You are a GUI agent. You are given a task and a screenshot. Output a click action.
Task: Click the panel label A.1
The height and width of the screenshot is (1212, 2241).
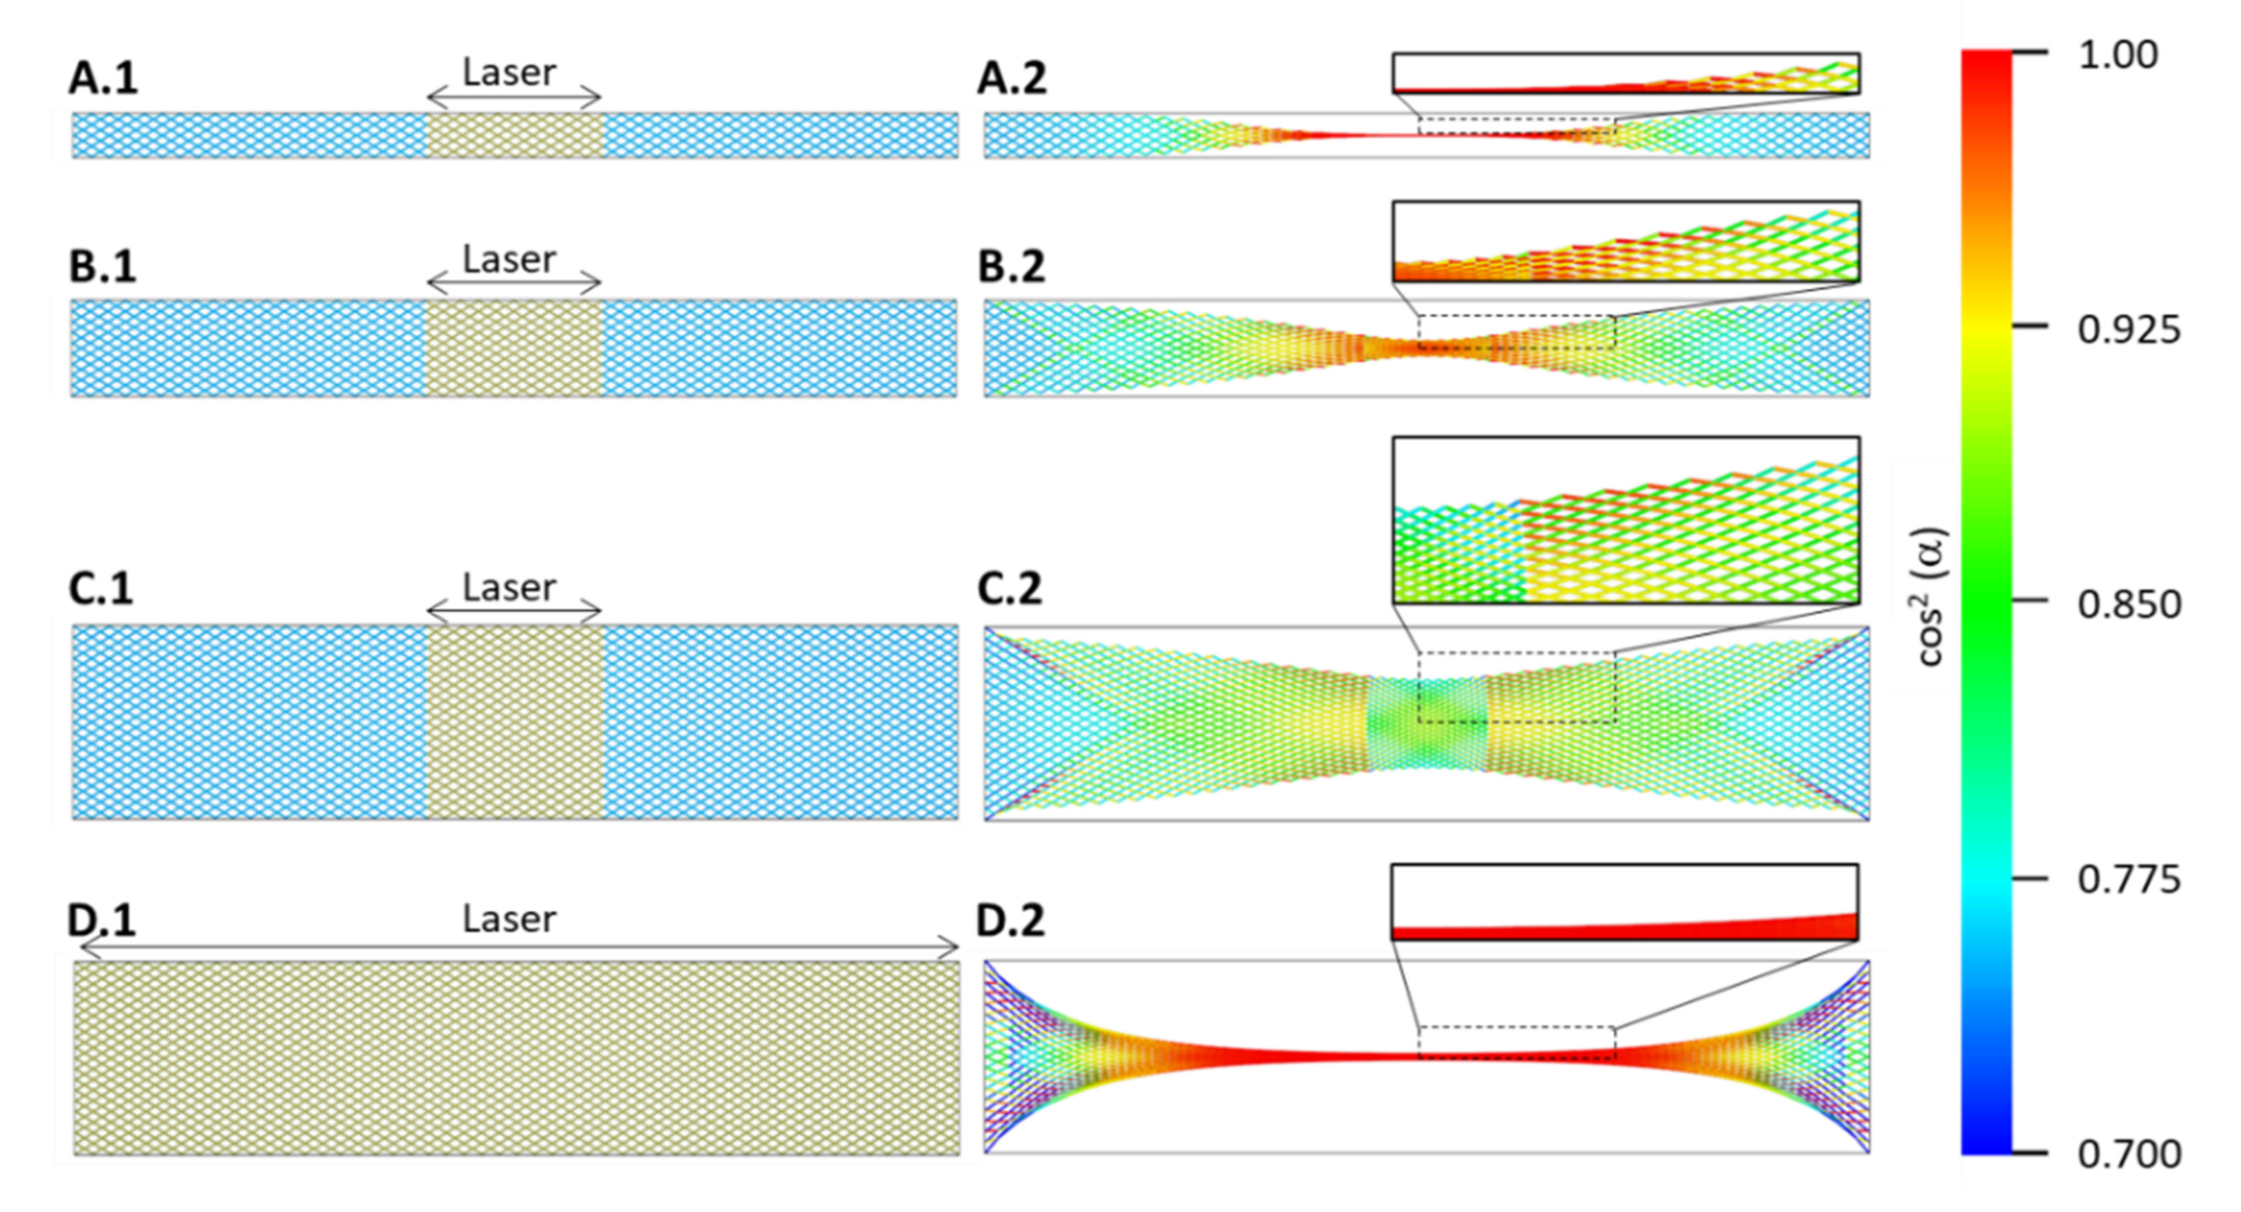click(103, 79)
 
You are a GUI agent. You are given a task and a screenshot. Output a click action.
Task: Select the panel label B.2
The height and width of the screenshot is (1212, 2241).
click(1011, 267)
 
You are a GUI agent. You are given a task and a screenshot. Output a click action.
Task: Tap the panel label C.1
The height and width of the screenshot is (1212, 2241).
click(101, 589)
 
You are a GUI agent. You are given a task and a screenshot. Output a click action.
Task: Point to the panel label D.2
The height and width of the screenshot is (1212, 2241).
click(1009, 920)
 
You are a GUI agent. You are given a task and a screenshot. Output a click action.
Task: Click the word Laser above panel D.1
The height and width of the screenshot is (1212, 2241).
click(509, 920)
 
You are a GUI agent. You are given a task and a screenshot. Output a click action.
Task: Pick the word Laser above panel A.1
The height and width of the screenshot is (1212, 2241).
click(509, 73)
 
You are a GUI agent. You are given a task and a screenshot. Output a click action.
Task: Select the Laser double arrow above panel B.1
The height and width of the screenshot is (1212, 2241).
click(514, 282)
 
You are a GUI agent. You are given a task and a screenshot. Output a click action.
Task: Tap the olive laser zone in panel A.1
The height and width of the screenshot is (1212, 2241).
click(515, 136)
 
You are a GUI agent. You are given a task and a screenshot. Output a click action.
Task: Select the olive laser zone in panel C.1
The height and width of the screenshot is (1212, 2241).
click(515, 722)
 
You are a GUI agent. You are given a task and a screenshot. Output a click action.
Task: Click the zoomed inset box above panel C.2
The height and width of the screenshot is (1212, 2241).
click(1625, 520)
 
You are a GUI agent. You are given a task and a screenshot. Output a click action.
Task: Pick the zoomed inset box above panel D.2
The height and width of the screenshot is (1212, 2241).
click(1624, 902)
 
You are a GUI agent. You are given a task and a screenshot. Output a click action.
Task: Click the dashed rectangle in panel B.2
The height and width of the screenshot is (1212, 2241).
click(1516, 332)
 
